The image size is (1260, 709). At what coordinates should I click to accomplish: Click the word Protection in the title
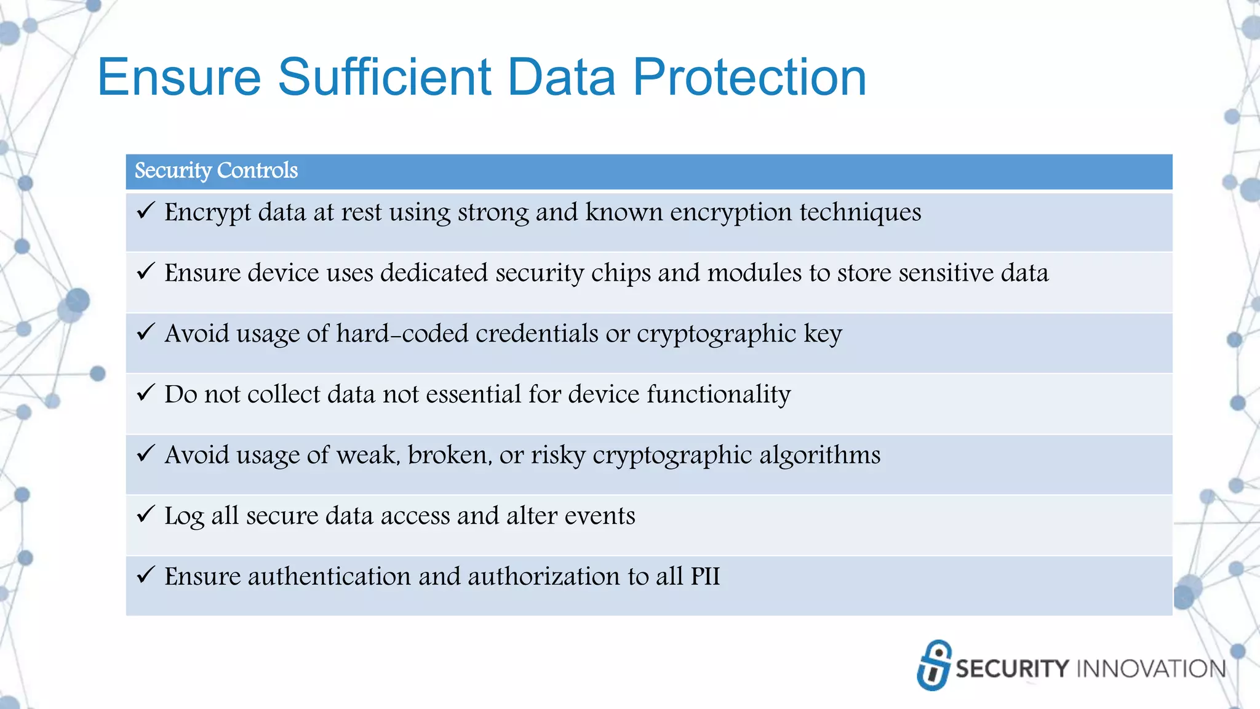[749, 78]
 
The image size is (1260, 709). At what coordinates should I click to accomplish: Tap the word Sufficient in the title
[385, 78]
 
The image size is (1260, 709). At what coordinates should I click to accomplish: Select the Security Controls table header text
[216, 170]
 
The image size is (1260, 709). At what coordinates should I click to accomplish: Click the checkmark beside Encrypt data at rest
[145, 211]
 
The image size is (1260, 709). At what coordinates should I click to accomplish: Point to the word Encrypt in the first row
[207, 213]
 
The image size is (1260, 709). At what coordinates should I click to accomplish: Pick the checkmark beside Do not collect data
[145, 393]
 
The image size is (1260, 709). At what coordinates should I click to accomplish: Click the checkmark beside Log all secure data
[145, 514]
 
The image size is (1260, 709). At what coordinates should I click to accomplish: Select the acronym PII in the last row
[705, 577]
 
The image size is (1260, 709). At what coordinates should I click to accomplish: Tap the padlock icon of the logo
[933, 665]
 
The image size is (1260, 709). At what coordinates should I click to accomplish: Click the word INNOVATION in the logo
[1150, 669]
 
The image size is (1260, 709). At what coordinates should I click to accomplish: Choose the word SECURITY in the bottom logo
[1012, 669]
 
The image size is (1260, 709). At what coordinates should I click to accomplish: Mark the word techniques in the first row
[860, 213]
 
